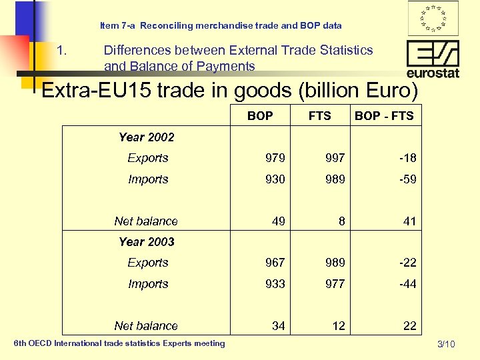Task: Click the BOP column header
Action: click(x=260, y=116)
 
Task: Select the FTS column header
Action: click(x=320, y=116)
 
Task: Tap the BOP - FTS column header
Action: click(x=384, y=116)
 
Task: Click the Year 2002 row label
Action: click(x=146, y=137)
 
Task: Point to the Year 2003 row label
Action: click(x=146, y=242)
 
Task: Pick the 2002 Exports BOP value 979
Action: click(x=275, y=158)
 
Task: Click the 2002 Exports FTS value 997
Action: click(x=335, y=158)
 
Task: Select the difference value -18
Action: click(x=407, y=158)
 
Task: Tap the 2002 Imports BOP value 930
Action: click(x=275, y=179)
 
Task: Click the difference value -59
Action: click(x=407, y=179)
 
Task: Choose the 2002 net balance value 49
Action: click(x=279, y=221)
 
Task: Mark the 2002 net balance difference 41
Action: click(x=410, y=221)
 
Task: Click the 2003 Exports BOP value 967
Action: click(x=275, y=263)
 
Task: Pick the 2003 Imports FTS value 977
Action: click(x=335, y=284)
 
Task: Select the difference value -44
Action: click(x=407, y=284)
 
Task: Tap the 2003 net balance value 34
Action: click(x=279, y=326)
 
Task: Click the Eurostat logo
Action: click(x=433, y=59)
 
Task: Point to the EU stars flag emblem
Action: click(x=433, y=18)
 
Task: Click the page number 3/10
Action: click(x=446, y=344)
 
